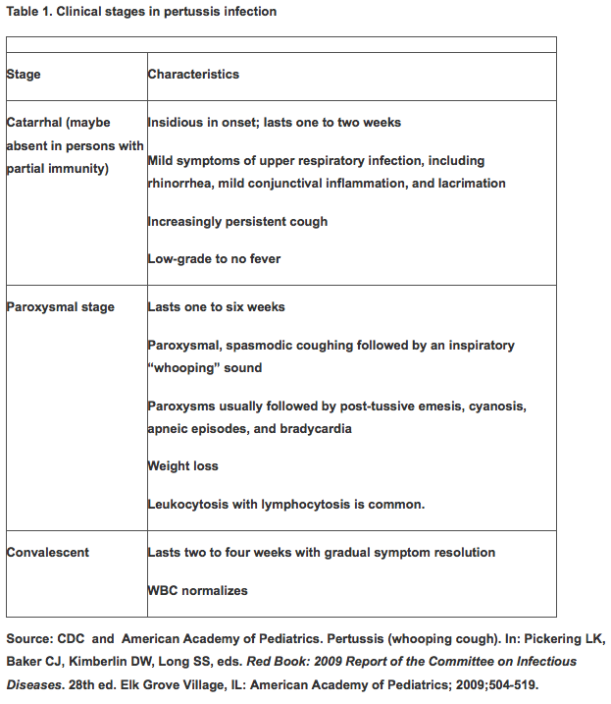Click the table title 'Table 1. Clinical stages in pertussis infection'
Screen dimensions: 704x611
141,12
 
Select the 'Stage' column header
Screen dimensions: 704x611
24,74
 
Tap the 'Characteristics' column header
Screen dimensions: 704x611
193,74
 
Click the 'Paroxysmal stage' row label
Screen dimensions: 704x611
61,307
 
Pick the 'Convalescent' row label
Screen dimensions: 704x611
48,553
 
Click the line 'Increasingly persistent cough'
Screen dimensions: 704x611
237,221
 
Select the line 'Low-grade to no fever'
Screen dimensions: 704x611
214,259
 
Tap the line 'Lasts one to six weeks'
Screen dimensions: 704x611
216,307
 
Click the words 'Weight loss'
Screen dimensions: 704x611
182,465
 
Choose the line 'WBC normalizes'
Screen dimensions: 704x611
197,591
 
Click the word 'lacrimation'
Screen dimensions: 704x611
471,184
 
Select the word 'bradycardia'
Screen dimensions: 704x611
316,429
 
